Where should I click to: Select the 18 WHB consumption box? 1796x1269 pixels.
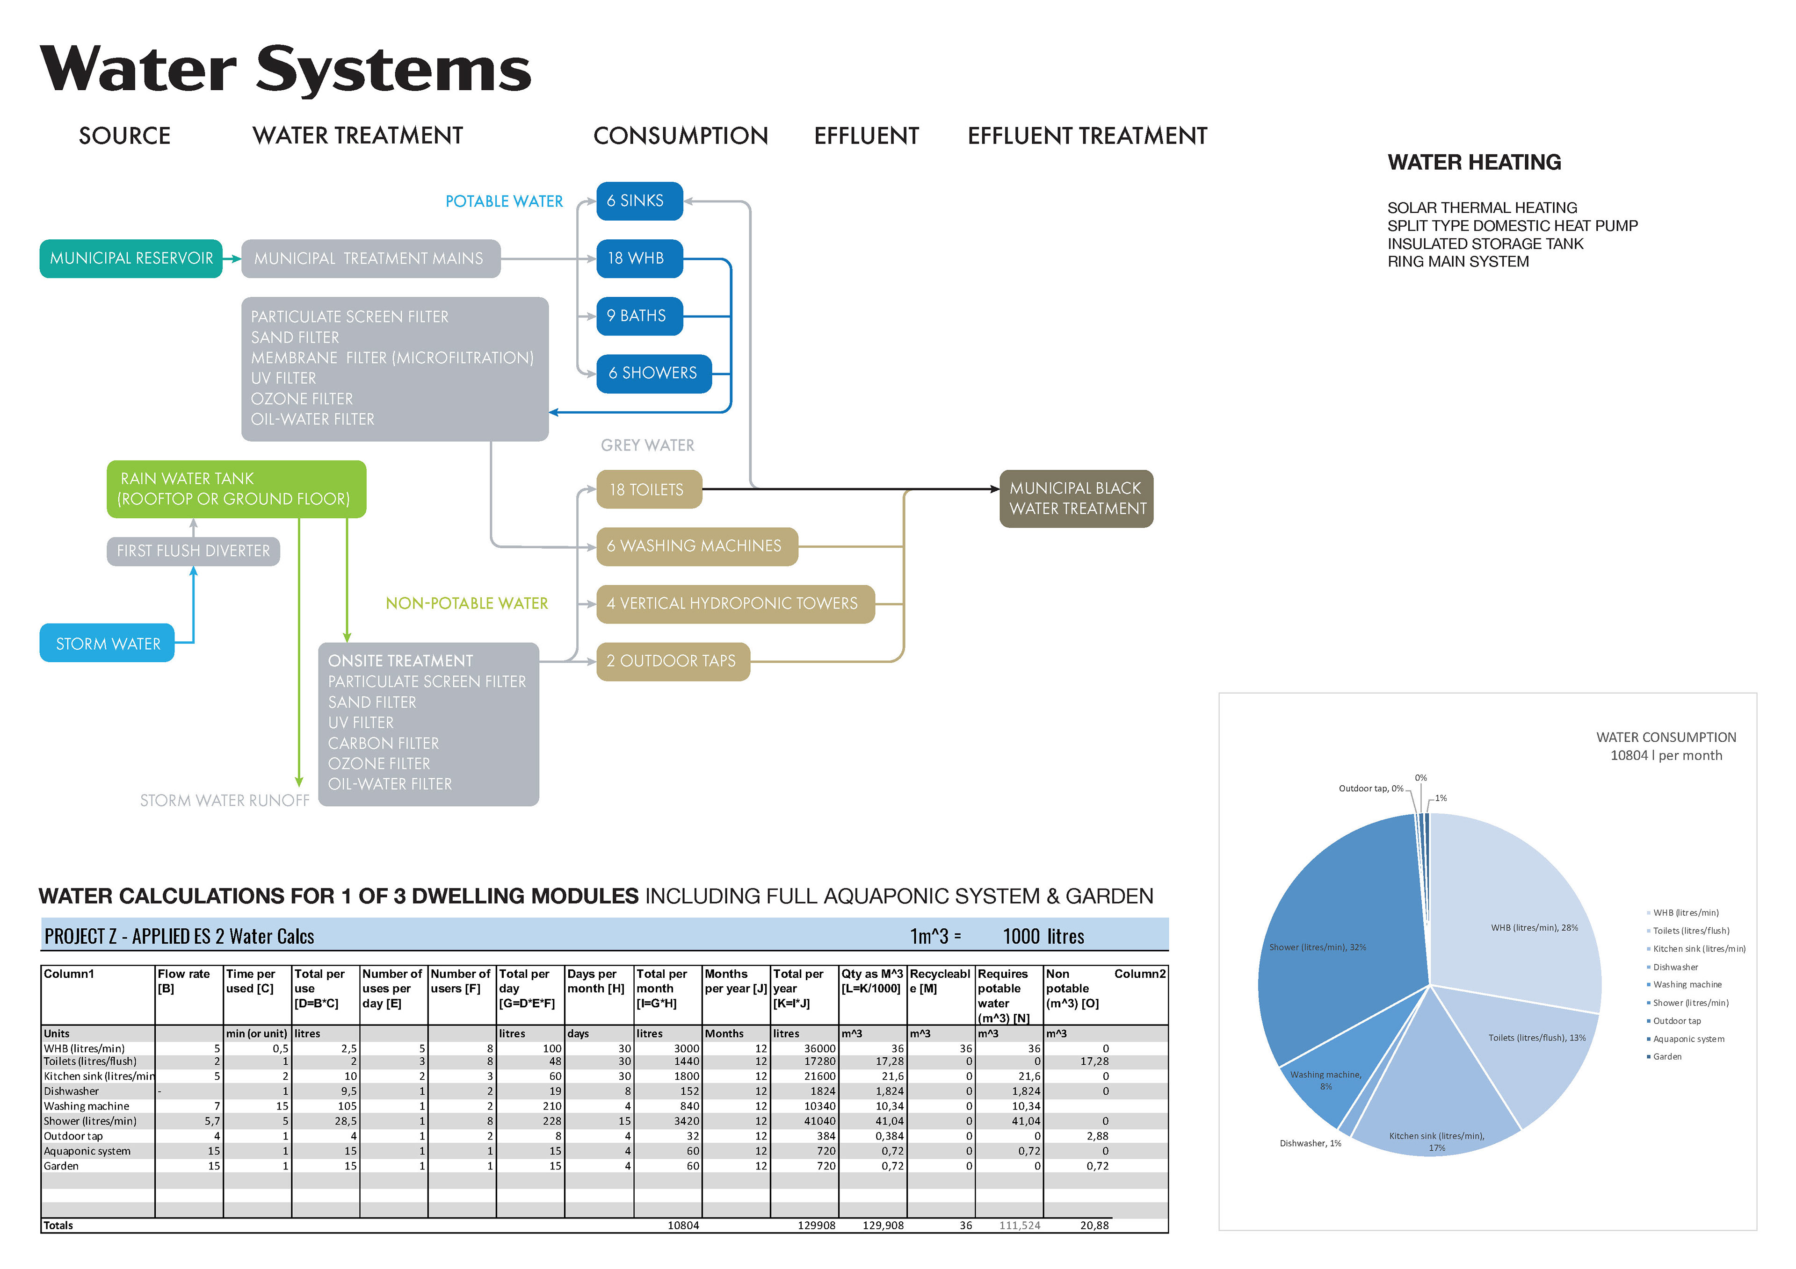coord(639,259)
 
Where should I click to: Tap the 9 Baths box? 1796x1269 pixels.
coord(639,316)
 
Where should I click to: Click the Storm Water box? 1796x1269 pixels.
coord(107,644)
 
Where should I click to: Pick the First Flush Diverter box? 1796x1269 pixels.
coord(193,551)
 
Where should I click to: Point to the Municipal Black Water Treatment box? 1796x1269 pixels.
coord(1076,499)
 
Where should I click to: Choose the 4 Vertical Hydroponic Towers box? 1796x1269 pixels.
coord(734,603)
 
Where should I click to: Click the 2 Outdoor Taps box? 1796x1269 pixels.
coord(673,661)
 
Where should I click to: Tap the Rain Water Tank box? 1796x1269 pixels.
coord(236,489)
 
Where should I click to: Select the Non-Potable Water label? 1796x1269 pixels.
coord(467,603)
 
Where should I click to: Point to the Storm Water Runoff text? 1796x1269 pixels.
coord(224,801)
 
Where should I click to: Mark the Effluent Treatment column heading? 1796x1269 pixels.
coord(1087,136)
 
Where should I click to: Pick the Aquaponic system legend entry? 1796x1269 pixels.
coord(1688,1039)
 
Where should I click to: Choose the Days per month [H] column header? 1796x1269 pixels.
coord(596,981)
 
